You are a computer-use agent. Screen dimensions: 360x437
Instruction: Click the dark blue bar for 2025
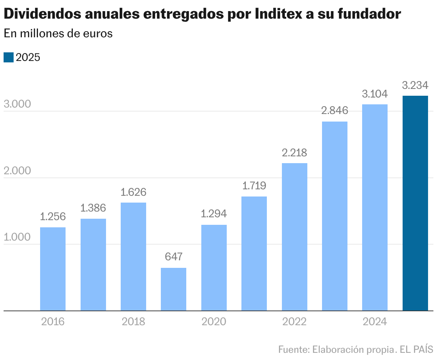[x=415, y=203]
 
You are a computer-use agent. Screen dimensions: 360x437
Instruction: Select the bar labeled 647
[x=173, y=289]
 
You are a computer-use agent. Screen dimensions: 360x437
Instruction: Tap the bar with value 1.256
[x=53, y=269]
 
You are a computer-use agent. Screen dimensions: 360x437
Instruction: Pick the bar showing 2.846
[x=335, y=216]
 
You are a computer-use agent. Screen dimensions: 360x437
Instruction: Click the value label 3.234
[x=415, y=85]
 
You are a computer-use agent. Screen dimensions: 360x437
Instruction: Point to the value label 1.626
[x=133, y=192]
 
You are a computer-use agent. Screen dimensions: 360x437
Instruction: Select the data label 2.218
[x=294, y=153]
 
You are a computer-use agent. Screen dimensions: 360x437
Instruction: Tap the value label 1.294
[x=214, y=214]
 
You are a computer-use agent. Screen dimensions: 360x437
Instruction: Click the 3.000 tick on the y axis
[x=17, y=104]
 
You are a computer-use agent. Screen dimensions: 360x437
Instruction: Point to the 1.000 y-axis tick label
[x=17, y=238]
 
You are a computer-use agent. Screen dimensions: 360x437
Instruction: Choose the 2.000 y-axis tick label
[x=17, y=171]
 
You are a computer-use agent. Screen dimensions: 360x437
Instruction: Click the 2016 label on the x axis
[x=53, y=322]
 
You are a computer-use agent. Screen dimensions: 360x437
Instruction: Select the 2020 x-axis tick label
[x=214, y=322]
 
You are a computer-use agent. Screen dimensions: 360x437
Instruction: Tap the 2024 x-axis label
[x=375, y=322]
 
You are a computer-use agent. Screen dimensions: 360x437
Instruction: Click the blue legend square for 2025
[x=9, y=57]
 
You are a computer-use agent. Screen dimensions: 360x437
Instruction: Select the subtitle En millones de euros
[x=58, y=33]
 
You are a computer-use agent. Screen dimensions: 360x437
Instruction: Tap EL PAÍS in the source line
[x=417, y=349]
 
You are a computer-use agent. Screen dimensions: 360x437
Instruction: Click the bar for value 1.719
[x=254, y=254]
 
